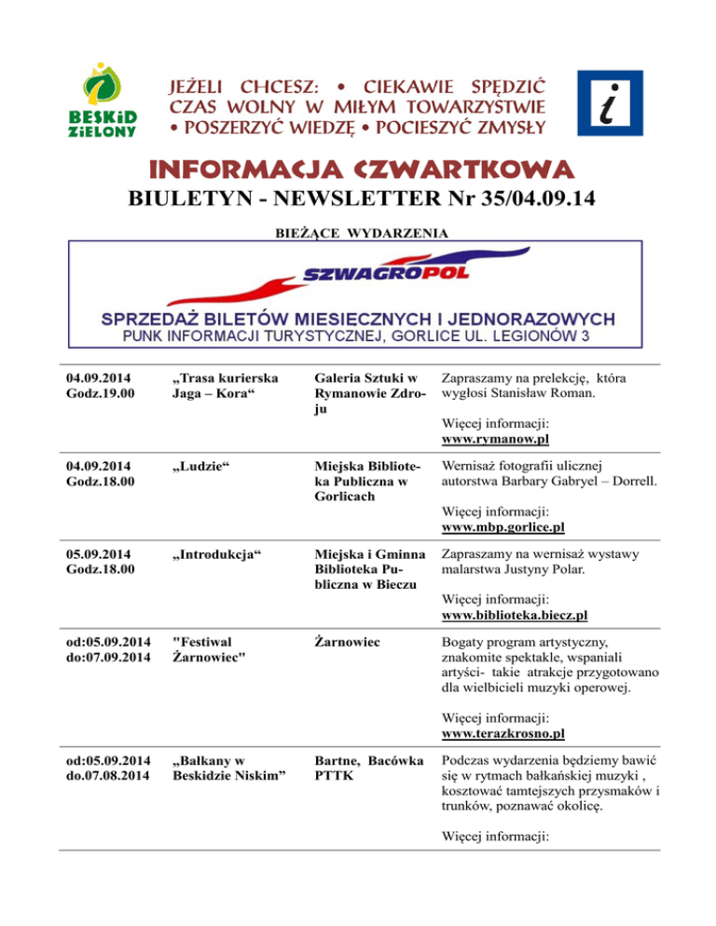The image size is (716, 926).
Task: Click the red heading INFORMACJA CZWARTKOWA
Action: [x=358, y=170]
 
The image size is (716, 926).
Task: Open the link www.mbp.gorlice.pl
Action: [x=504, y=527]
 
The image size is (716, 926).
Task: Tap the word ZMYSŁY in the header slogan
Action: [x=511, y=125]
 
